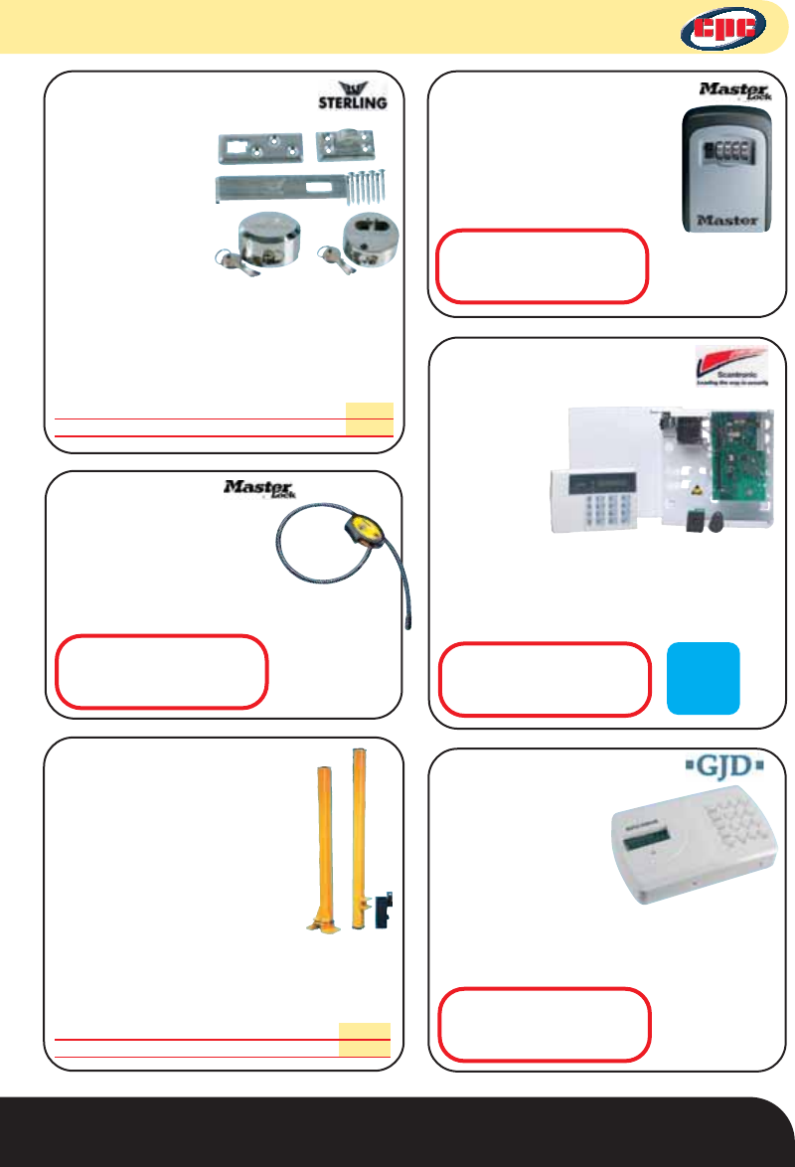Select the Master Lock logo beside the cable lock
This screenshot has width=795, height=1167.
click(260, 488)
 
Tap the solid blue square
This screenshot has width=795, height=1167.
click(703, 677)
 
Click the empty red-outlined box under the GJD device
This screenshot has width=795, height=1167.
click(545, 1023)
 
